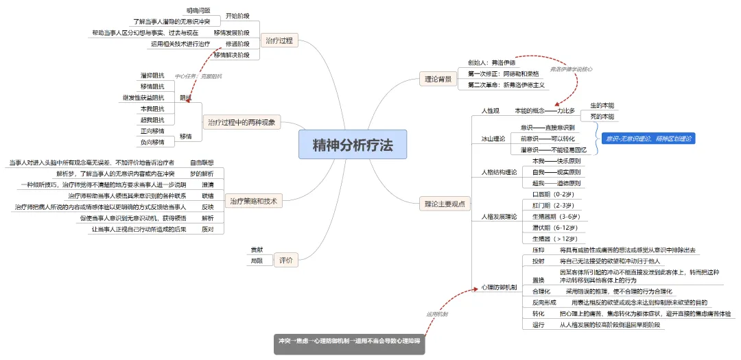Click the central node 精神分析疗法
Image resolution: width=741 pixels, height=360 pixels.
(353, 145)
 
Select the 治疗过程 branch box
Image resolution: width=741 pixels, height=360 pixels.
(279, 41)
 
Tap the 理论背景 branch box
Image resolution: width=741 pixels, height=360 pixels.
(438, 80)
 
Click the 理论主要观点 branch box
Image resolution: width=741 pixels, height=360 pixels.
(444, 203)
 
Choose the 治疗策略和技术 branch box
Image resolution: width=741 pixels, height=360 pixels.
(253, 201)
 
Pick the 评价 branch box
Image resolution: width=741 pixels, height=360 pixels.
(286, 260)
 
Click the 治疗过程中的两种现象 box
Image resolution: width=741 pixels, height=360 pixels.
(243, 122)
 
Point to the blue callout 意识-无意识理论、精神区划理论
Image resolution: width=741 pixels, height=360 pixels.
(648, 139)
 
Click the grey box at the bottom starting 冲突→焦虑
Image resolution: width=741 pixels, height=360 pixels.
(349, 341)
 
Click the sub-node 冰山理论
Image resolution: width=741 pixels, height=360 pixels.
(493, 139)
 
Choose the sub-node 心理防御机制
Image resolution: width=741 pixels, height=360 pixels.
(499, 287)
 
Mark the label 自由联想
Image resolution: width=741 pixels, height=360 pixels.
(202, 163)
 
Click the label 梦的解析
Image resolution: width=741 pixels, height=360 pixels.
(202, 173)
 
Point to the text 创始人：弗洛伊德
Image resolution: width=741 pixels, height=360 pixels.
(492, 62)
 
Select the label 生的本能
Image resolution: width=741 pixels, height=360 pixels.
(602, 105)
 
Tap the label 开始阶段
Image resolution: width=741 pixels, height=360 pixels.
(238, 15)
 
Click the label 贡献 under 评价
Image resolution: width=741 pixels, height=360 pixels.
(257, 249)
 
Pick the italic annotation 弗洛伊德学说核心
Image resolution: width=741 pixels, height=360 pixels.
(572, 69)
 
